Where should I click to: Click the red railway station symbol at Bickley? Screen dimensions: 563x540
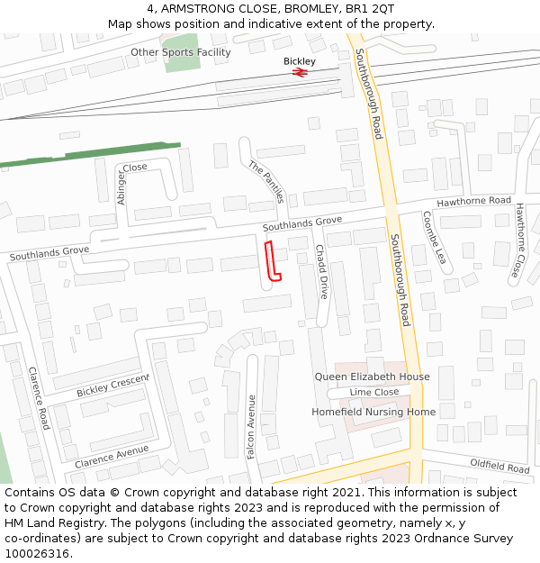[x=300, y=72]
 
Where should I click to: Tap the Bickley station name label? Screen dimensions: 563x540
[x=300, y=61]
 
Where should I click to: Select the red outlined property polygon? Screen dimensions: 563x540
[x=273, y=261]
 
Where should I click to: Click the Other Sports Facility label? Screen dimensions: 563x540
[x=180, y=52]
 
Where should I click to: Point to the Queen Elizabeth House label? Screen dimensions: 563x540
[x=372, y=377]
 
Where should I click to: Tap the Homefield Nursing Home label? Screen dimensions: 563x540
[x=373, y=412]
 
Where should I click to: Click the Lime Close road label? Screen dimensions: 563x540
[x=374, y=393]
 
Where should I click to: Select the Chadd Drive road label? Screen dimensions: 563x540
[x=321, y=271]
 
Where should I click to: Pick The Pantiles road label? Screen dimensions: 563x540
[x=266, y=181]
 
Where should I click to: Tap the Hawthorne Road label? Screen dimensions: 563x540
[x=473, y=201]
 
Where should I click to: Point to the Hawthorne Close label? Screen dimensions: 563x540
[x=518, y=240]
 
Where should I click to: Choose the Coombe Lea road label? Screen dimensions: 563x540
[x=434, y=238]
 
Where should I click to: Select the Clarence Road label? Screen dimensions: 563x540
[x=37, y=397]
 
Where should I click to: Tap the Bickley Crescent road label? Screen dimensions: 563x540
[x=112, y=386]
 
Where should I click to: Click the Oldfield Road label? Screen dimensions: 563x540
[x=499, y=468]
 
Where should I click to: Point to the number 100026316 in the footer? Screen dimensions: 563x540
[x=36, y=554]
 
